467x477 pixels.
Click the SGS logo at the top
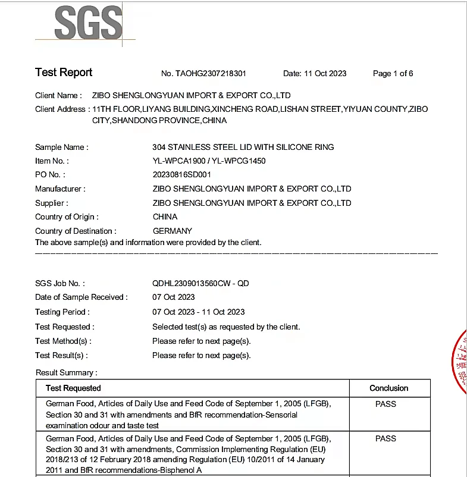click(x=89, y=24)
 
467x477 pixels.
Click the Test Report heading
click(x=64, y=73)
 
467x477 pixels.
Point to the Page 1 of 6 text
click(x=393, y=74)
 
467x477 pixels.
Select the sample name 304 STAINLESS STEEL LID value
click(x=243, y=147)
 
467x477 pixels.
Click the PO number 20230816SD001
click(x=181, y=175)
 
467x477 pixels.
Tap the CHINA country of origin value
click(x=165, y=216)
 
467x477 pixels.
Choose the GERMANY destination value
click(x=173, y=231)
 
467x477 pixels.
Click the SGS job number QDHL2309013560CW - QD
click(x=200, y=283)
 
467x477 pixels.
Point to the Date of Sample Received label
click(x=81, y=297)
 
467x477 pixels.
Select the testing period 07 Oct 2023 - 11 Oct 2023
click(x=198, y=312)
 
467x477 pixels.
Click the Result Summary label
click(x=66, y=372)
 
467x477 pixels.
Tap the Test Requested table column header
click(x=73, y=388)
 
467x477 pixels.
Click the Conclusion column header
click(x=388, y=388)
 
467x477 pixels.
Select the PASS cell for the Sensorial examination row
click(x=385, y=404)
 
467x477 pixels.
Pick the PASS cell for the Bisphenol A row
click(x=385, y=438)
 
